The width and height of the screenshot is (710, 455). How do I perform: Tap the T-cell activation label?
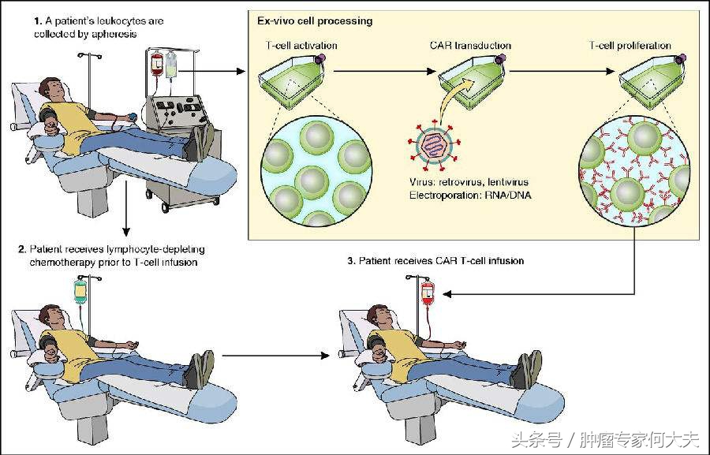tap(301, 45)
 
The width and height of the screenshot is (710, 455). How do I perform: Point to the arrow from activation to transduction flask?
tap(384, 72)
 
